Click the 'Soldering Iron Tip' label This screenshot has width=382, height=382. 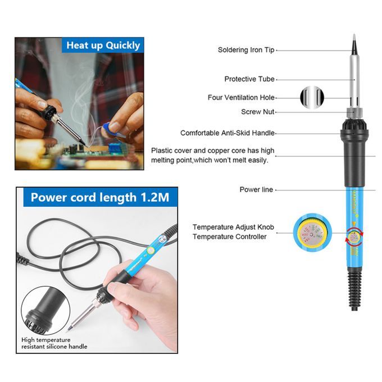[246, 50]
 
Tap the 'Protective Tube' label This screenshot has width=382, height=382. [249, 79]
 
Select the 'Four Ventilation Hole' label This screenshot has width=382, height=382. [241, 97]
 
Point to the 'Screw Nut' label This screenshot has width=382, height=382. [258, 112]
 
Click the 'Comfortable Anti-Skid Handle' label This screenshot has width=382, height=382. [228, 133]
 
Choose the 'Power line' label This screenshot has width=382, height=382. [256, 189]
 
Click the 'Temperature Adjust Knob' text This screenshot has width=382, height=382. [233, 227]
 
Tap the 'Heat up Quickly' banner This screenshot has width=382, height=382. [103, 46]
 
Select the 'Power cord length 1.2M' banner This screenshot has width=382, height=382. [100, 197]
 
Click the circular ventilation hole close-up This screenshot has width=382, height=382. [312, 97]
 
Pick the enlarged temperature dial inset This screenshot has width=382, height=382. [312, 233]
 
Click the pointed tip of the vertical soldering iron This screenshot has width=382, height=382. [354, 35]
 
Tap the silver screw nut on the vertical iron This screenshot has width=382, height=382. [354, 113]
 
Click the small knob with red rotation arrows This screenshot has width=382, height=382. [354, 236]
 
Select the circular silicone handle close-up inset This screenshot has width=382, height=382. [46, 311]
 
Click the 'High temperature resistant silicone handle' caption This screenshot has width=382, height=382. [54, 343]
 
